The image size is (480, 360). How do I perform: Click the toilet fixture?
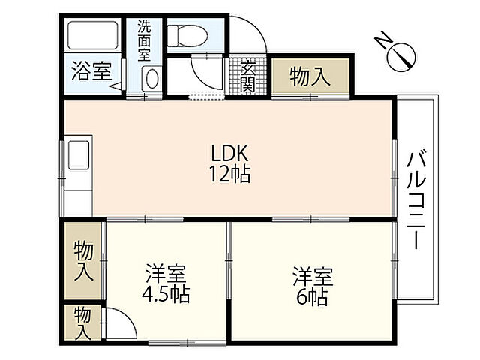[x=188, y=36]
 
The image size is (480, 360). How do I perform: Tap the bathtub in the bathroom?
[x=93, y=35]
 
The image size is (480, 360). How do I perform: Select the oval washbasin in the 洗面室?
[x=151, y=79]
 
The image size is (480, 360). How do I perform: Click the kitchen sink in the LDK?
[x=79, y=155]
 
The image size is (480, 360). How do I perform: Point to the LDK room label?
[x=229, y=153]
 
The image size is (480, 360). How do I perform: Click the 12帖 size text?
[x=229, y=174]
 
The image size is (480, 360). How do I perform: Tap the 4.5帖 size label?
[x=166, y=295]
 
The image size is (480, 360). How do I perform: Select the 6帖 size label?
[x=312, y=297]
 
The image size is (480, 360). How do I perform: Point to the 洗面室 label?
[x=144, y=40]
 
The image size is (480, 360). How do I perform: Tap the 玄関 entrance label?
[x=247, y=76]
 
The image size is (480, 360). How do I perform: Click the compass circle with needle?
[x=401, y=58]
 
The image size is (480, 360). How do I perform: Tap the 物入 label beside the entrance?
[x=310, y=76]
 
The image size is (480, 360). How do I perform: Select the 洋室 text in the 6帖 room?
[x=313, y=277]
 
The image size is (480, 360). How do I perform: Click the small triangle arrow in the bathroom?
[x=115, y=86]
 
